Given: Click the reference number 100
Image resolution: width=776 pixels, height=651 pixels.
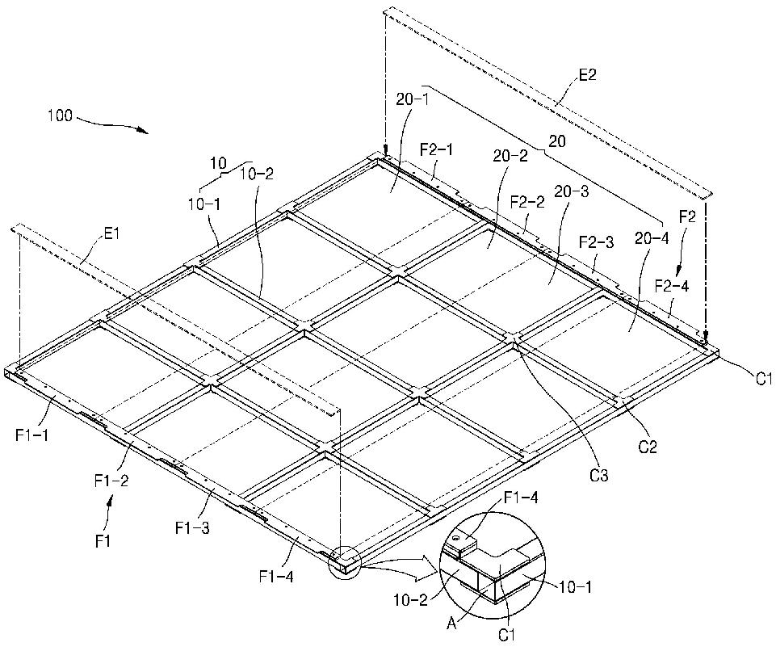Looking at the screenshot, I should tap(61, 115).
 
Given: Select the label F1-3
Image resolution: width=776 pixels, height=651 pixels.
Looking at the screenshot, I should tap(191, 528).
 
